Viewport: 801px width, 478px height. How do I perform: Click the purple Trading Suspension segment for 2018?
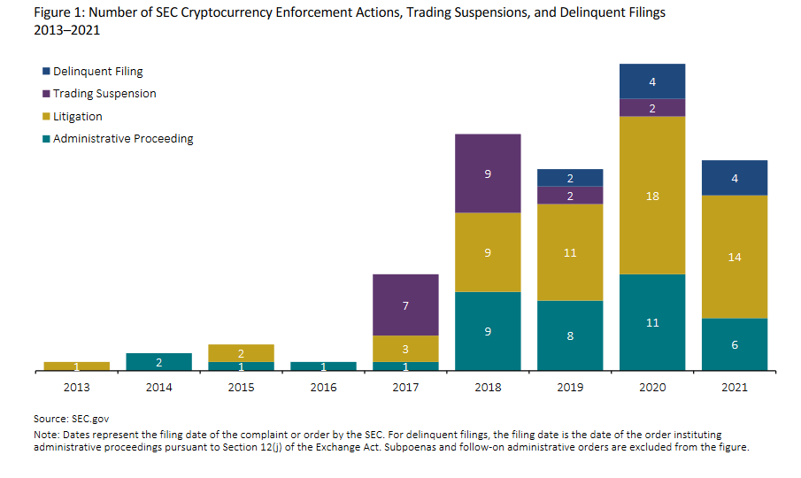coord(488,173)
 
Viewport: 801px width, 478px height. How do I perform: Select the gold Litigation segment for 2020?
coord(652,196)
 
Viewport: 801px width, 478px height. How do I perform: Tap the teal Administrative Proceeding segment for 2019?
coord(570,335)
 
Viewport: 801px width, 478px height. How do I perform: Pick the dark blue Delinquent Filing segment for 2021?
coord(735,178)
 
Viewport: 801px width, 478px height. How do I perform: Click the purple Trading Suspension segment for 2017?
coord(405,305)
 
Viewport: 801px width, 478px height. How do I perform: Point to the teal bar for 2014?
coord(158,362)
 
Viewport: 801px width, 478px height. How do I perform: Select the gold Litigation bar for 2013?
coord(76,366)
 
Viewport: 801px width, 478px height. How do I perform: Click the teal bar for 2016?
coord(323,366)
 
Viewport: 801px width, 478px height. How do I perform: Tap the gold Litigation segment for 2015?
coord(241,353)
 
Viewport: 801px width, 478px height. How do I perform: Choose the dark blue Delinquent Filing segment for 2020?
coord(652,81)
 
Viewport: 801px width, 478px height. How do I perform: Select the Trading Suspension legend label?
coord(104,94)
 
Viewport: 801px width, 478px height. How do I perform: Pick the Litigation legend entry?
coord(78,116)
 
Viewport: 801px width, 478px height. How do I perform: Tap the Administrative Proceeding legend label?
coord(123,139)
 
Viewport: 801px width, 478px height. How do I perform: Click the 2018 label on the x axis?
coord(488,387)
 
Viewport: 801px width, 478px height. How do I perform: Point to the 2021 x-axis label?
coord(735,387)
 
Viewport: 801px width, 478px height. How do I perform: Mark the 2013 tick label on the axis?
coord(76,387)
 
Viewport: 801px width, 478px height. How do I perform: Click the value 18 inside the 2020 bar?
coord(652,196)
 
